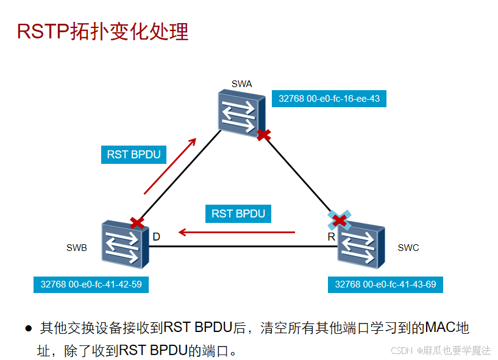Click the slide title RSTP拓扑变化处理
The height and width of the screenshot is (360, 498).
[102, 31]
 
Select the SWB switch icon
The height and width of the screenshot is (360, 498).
[125, 244]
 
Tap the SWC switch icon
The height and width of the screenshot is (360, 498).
[361, 242]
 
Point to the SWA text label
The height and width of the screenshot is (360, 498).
[241, 83]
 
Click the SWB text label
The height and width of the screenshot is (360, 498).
[76, 248]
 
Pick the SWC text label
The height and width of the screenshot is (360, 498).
[408, 248]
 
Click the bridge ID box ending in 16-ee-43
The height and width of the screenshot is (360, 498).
[329, 98]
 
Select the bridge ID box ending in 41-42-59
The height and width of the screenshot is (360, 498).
[91, 284]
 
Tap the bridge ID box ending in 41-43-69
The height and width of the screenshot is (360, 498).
[385, 284]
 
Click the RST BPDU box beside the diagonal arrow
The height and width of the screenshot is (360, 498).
[133, 155]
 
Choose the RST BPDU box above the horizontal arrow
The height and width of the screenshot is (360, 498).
[238, 214]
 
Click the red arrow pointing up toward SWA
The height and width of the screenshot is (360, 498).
[170, 166]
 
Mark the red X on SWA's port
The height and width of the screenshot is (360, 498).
[263, 135]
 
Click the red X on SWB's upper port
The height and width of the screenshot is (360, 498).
[138, 223]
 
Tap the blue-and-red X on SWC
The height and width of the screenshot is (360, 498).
[340, 219]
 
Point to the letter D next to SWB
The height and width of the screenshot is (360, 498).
[156, 236]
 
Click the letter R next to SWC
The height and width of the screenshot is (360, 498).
[331, 236]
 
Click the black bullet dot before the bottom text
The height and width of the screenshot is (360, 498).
[28, 329]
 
